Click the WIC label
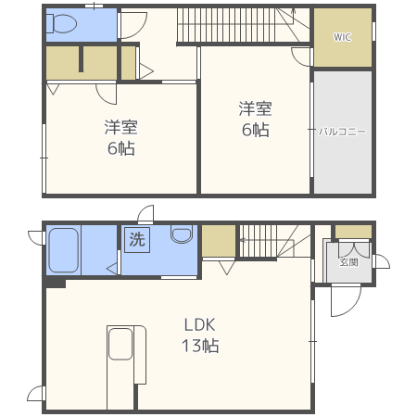(x=342, y=37)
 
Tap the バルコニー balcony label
(x=342, y=132)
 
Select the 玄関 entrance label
(x=348, y=262)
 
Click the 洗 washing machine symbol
(x=137, y=240)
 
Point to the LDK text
(x=199, y=325)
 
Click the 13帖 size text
(x=200, y=346)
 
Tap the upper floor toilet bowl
(x=62, y=23)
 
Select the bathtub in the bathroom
(x=64, y=250)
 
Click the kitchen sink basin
(x=120, y=344)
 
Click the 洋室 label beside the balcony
(x=255, y=108)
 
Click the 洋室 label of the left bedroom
(x=120, y=127)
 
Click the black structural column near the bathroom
(x=56, y=283)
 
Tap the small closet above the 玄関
(x=353, y=232)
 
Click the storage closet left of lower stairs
(x=219, y=241)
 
